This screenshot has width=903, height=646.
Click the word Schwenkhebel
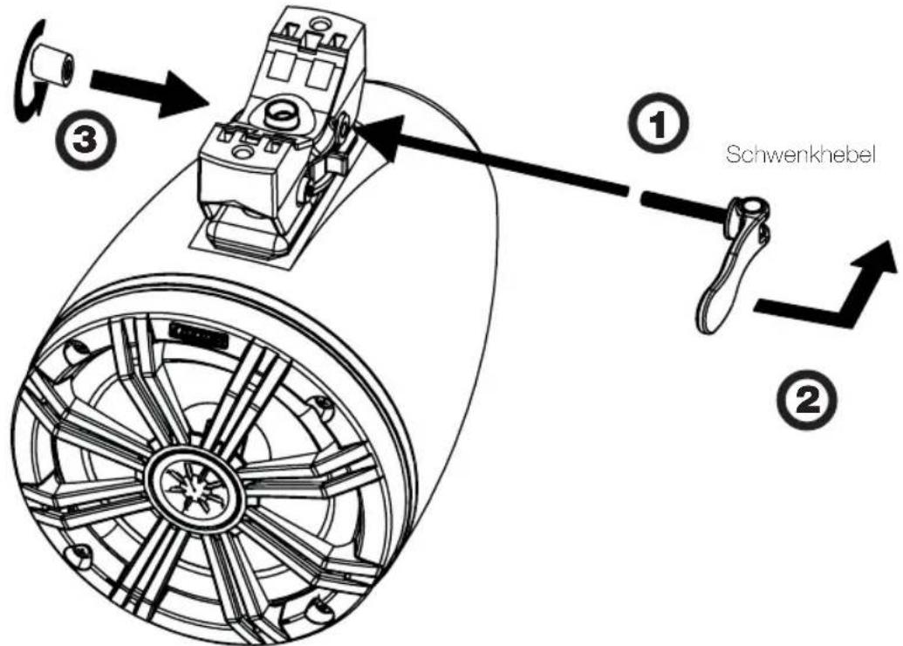point(801,155)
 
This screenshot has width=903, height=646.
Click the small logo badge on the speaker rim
point(198,334)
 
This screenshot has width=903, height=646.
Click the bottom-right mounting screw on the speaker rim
point(316,609)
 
